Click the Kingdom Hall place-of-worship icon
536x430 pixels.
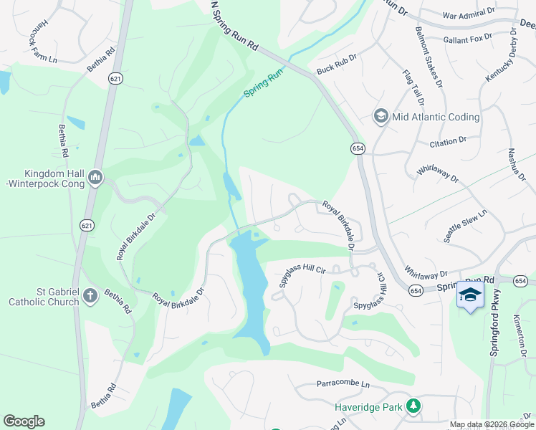pos(95,176)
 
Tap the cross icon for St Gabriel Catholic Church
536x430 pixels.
pos(90,295)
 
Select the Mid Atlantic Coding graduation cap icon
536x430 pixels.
pos(381,117)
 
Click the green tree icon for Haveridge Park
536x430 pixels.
pos(413,406)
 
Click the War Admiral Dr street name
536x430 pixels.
pos(469,14)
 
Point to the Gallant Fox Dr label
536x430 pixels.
pos(467,37)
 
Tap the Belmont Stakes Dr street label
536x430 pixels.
pos(428,57)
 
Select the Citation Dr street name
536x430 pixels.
pos(448,143)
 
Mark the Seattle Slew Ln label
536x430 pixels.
pos(465,226)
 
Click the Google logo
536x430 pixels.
pos(24,421)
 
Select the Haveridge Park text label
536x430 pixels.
pos(369,406)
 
